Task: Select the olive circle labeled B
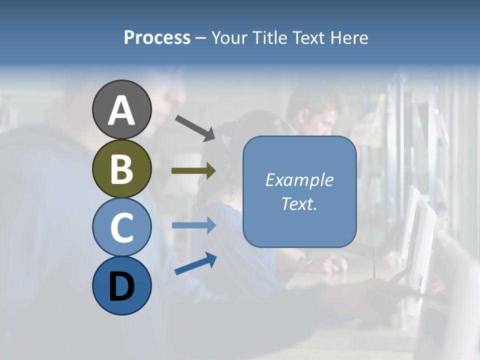click(121, 168)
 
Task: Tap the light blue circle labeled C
click(121, 227)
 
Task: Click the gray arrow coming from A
click(195, 128)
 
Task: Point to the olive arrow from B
click(193, 170)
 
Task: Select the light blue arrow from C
click(193, 225)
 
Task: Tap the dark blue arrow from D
click(195, 263)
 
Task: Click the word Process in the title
click(157, 38)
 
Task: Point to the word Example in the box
click(299, 180)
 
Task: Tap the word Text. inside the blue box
click(299, 203)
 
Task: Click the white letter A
click(121, 110)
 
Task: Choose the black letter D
click(121, 286)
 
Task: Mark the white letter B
click(121, 169)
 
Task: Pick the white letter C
click(121, 228)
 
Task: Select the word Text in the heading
click(307, 38)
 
